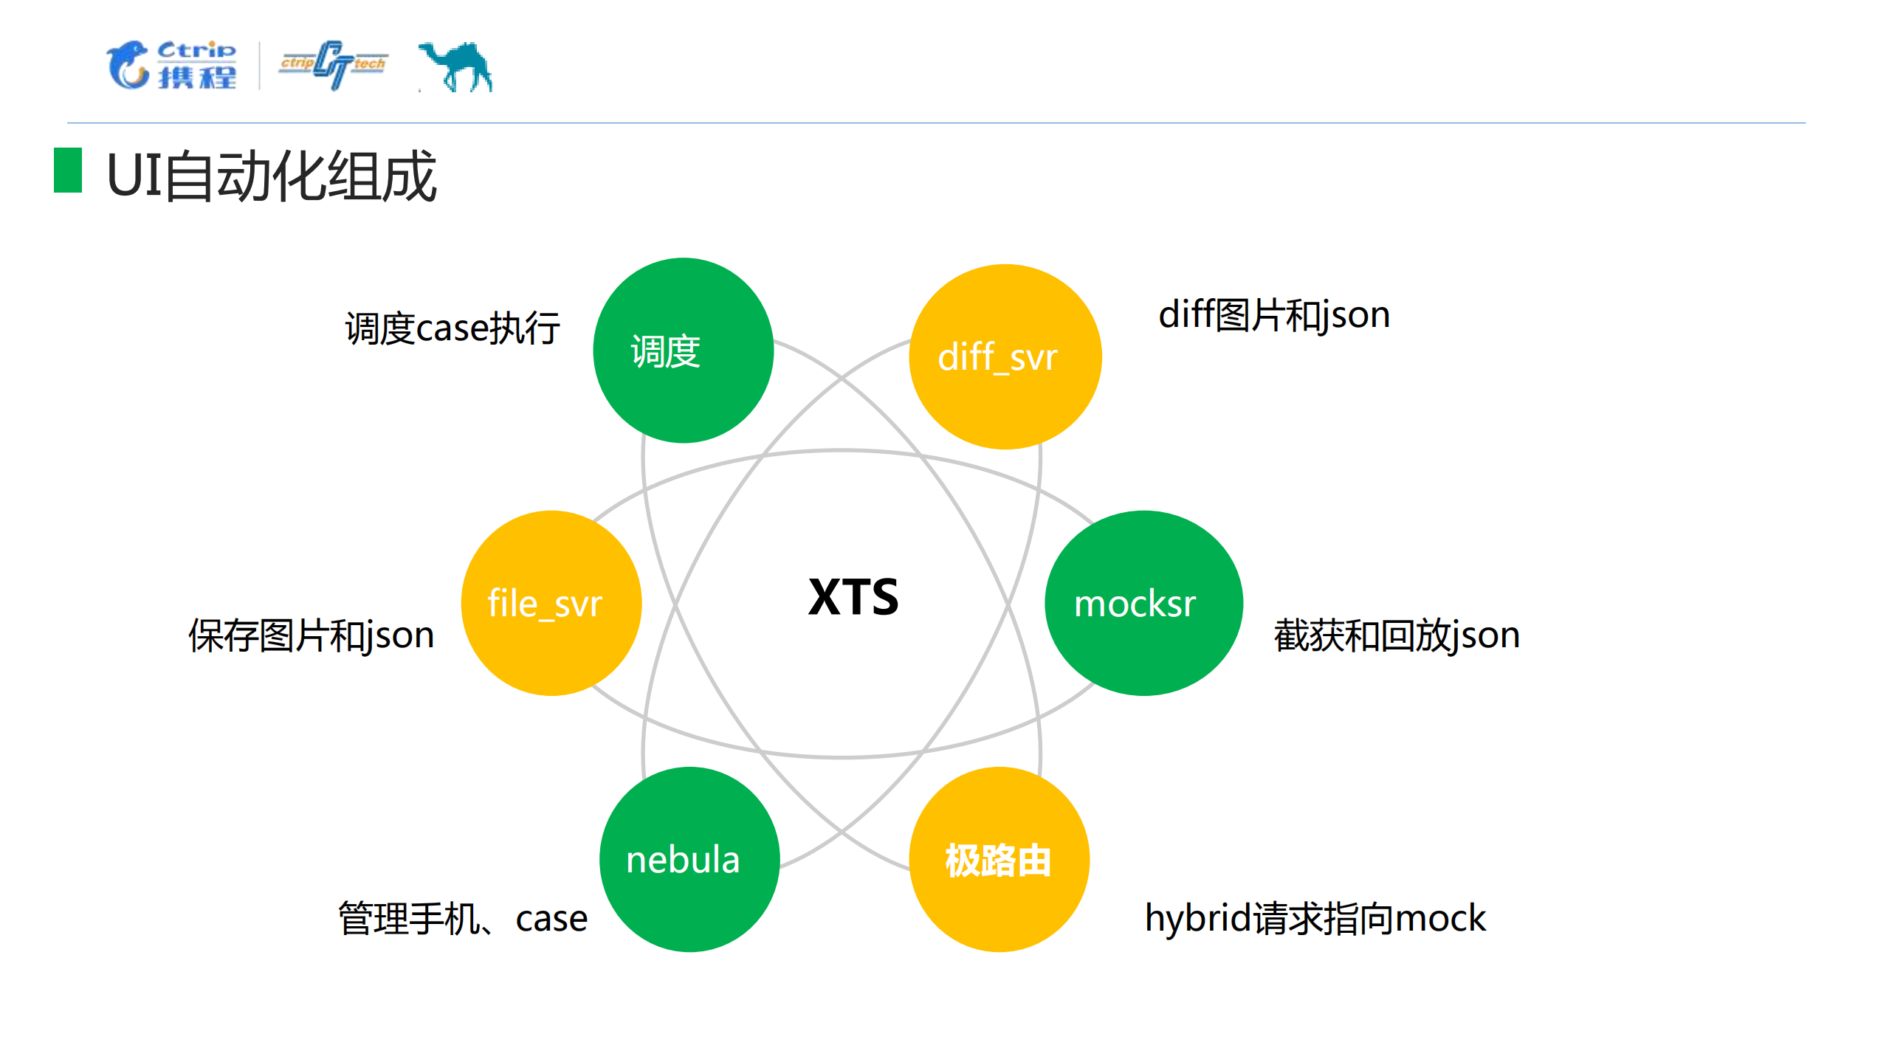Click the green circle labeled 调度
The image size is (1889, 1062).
tap(683, 351)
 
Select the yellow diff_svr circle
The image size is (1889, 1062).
tap(1005, 356)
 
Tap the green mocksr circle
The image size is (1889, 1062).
tap(1143, 603)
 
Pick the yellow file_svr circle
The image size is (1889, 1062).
tap(551, 603)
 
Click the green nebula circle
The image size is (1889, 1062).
tap(689, 859)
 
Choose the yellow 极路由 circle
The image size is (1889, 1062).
tap(999, 859)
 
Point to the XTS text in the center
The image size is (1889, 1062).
tap(853, 597)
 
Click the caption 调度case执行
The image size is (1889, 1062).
tap(453, 328)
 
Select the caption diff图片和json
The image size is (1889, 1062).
tap(1274, 315)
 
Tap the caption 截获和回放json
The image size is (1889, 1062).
tap(1397, 635)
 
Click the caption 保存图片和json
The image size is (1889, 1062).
tap(312, 635)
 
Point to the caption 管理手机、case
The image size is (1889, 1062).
tap(463, 919)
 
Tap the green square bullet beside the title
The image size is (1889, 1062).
tap(68, 170)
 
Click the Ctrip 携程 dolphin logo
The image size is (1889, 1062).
tap(172, 65)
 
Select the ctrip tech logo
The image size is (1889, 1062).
tap(334, 65)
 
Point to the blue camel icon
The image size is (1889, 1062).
tap(456, 66)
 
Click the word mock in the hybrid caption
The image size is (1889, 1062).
tap(1440, 919)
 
